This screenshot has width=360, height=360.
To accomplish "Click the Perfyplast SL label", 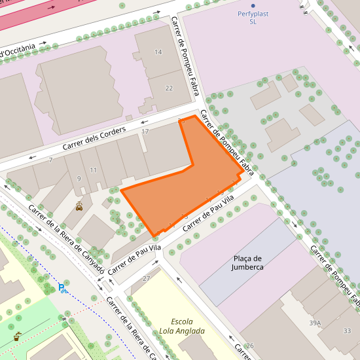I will point(253,18).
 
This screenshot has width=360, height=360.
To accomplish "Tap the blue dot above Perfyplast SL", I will point(253,5).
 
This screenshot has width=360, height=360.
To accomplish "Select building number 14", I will point(158,52).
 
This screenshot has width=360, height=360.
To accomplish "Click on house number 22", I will point(169,88).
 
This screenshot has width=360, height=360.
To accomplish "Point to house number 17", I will point(145,132).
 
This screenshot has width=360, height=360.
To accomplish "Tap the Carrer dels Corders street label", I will point(94,138).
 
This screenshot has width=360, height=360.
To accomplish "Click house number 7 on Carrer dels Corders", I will point(50,160).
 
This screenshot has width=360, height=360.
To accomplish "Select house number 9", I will point(79,179).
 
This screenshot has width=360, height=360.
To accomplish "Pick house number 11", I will point(94,170).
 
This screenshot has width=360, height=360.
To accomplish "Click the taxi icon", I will point(79,206).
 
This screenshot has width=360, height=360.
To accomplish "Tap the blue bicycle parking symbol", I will point(62,287).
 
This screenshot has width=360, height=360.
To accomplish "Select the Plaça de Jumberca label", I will point(247,262).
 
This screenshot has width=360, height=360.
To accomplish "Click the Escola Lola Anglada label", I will point(182,326).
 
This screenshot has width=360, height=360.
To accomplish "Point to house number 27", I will point(146,279).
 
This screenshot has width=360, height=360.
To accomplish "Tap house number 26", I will point(249,346).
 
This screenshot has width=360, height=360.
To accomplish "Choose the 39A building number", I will point(316,323).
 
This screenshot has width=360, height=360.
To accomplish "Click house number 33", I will point(347,331).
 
